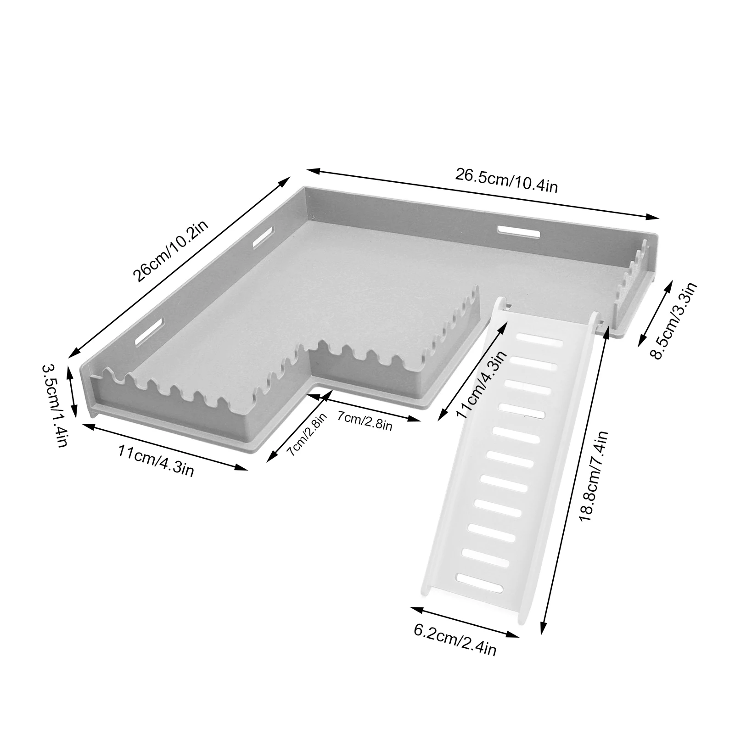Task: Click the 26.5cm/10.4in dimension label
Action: [x=506, y=180]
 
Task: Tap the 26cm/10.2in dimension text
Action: [x=171, y=251]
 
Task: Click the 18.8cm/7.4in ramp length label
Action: [x=594, y=476]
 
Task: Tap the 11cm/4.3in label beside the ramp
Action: [x=482, y=384]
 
